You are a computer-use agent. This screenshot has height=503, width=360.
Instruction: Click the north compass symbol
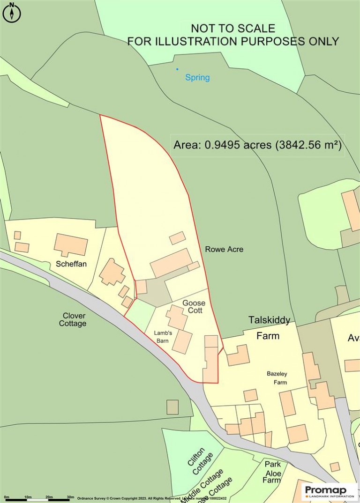pos(12,13)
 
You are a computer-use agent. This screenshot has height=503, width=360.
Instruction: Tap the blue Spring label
pos(197,77)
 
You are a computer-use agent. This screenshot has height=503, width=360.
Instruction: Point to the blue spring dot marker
pos(177,69)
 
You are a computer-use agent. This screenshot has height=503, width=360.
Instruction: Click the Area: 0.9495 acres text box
pos(257,145)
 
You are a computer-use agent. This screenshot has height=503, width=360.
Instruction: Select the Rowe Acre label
pos(224,249)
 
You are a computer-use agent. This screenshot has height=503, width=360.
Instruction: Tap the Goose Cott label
pos(194,306)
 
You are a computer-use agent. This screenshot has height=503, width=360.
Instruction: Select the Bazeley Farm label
pos(277,377)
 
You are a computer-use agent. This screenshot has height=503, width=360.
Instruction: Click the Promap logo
pos(329,492)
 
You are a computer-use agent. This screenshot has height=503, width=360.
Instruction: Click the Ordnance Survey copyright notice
pos(151,498)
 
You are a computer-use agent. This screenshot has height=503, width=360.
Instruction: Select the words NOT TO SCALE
pos(233,29)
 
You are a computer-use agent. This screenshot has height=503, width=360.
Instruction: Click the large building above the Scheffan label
pos(71,244)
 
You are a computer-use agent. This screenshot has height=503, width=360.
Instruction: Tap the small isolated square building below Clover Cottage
pos(172,407)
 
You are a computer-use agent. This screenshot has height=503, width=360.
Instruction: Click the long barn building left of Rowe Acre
pos(171,263)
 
